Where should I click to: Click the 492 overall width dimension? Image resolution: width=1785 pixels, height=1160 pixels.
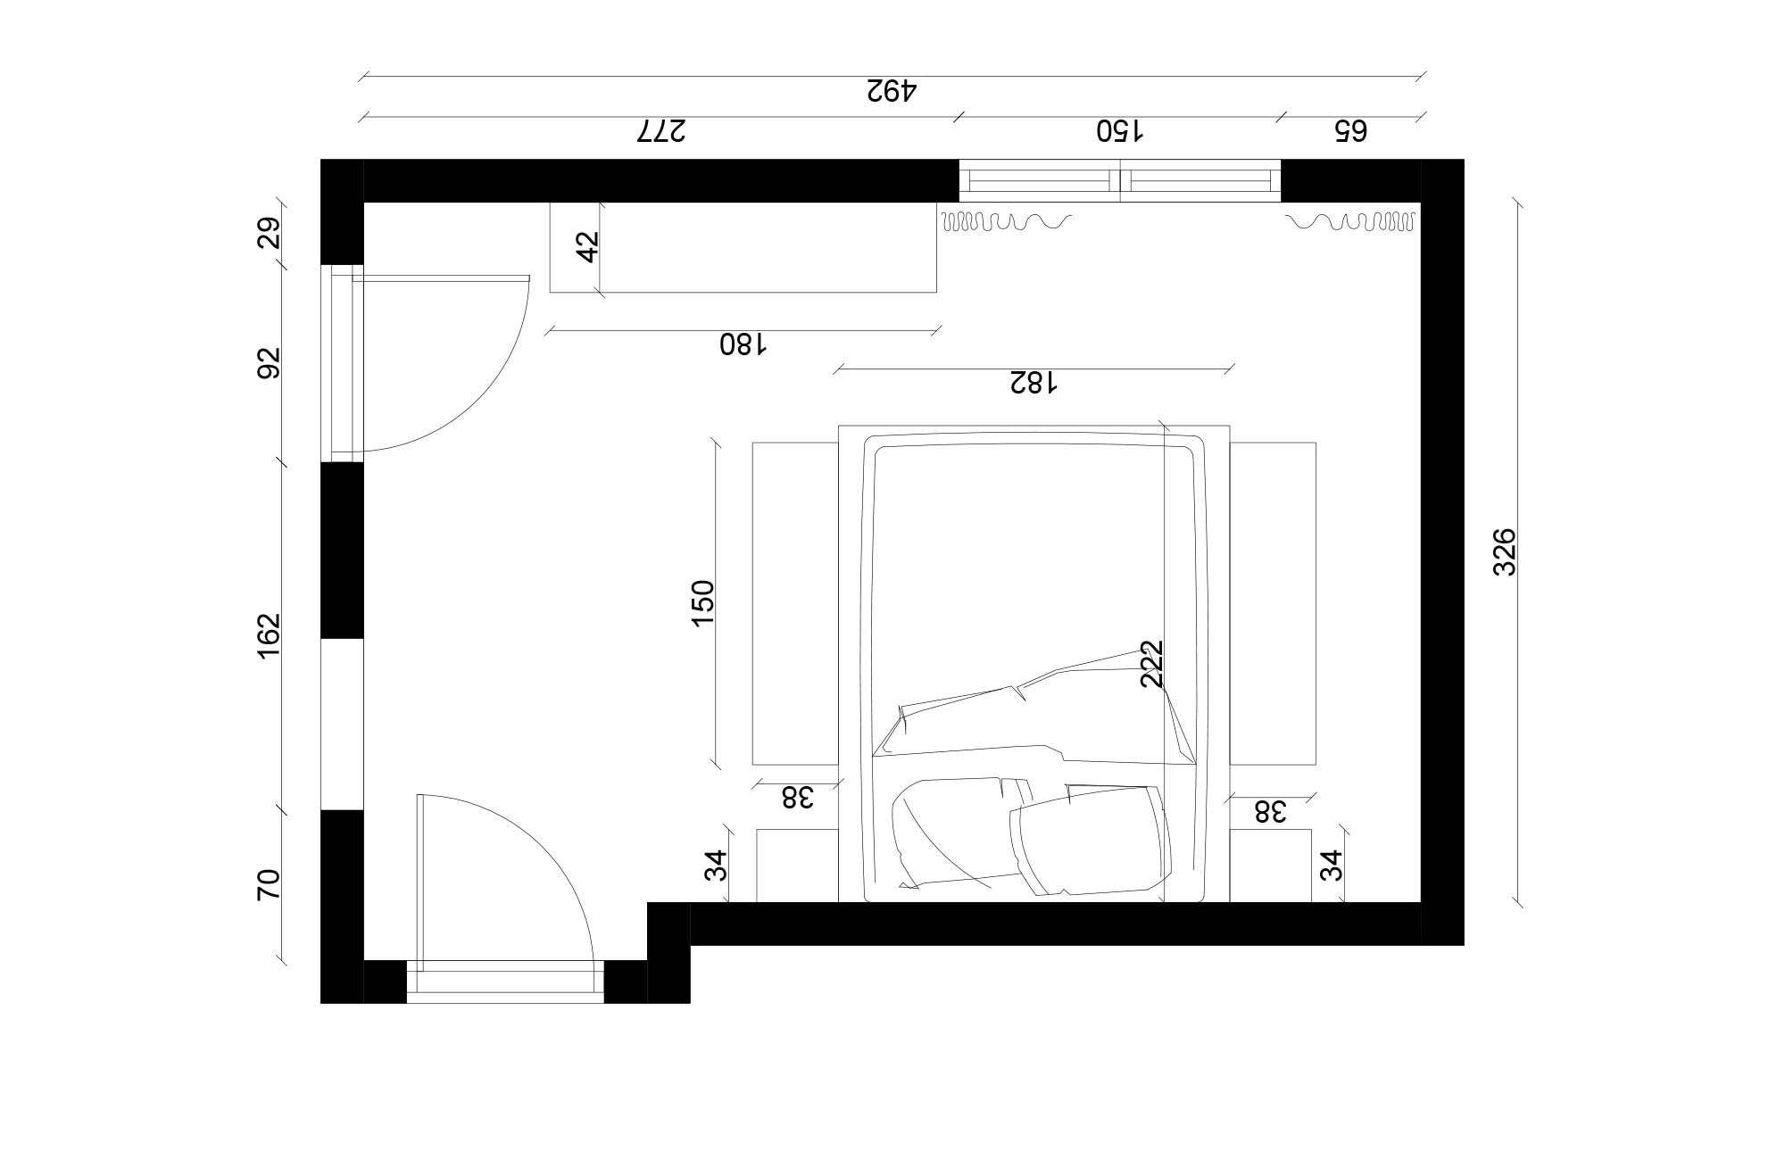click(x=892, y=90)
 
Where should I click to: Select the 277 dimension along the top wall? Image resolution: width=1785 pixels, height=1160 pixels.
click(x=661, y=131)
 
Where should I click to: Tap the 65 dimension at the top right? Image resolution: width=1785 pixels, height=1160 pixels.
click(x=1350, y=131)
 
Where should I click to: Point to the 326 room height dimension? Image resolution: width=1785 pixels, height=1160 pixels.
click(x=1505, y=551)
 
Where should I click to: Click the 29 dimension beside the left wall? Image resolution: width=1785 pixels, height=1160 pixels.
click(x=270, y=233)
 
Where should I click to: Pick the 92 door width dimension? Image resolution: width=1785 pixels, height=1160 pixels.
click(x=270, y=362)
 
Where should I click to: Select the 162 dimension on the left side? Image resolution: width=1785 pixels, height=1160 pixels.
click(x=270, y=635)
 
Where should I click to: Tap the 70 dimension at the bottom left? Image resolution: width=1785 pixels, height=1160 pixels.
click(x=270, y=884)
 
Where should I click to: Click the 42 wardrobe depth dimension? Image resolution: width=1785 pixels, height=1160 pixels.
click(x=587, y=246)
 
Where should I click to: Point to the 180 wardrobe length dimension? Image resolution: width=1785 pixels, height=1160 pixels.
click(x=743, y=344)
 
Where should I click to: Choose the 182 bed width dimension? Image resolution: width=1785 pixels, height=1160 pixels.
click(x=1034, y=383)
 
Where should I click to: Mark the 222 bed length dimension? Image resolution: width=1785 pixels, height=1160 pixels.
click(x=1152, y=663)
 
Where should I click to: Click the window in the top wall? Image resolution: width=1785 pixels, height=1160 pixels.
click(x=1119, y=180)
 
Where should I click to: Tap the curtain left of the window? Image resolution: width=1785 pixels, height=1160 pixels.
click(x=1005, y=220)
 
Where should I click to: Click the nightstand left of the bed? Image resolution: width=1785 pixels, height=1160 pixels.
click(x=797, y=866)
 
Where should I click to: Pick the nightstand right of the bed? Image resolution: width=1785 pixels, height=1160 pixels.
click(x=1270, y=866)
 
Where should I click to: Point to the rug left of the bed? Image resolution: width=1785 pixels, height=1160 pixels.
click(x=795, y=603)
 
